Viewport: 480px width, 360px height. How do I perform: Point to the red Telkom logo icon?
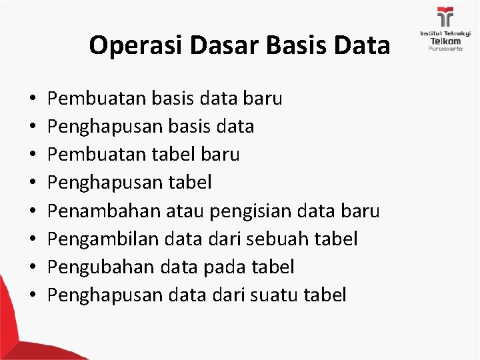[x=445, y=17]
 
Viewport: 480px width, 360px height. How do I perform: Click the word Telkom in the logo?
[x=445, y=41]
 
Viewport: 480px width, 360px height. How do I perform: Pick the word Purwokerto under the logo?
[x=445, y=51]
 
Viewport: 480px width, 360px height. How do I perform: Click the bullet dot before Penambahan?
[x=33, y=212]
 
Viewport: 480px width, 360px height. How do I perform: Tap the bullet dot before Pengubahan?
[x=33, y=268]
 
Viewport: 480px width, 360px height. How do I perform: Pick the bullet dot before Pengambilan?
[x=33, y=240]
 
